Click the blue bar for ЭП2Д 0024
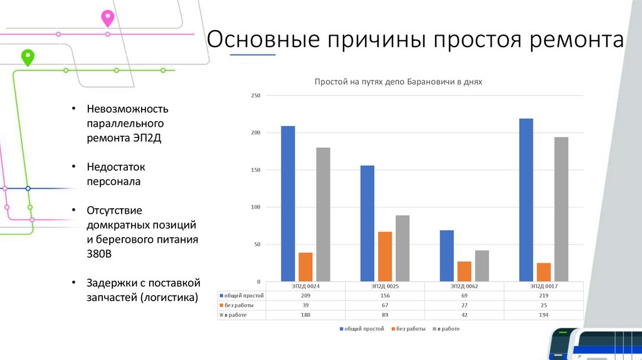pos(288,204)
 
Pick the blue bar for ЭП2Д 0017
pos(526,200)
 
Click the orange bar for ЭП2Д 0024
pos(305,267)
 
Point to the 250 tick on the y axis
pos(255,95)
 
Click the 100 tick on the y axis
pos(255,208)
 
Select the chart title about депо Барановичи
pos(398,82)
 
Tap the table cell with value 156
pos(385,295)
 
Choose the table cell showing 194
pos(544,314)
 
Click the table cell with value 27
pos(464,305)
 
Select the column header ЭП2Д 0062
pos(464,286)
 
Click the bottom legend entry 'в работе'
pos(448,329)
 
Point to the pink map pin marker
pos(108,18)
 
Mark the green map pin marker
pos(28,57)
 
